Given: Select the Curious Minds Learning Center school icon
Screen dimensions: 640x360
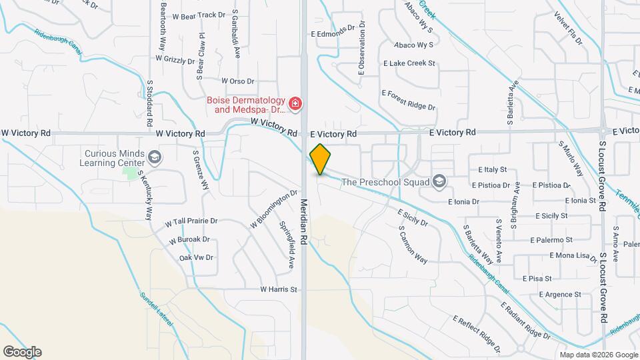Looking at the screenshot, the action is click(155, 157).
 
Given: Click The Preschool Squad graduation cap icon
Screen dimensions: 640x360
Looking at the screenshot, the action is click(439, 181).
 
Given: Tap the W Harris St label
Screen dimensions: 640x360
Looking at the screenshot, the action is click(278, 289).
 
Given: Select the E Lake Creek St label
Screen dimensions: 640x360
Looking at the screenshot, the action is click(409, 63).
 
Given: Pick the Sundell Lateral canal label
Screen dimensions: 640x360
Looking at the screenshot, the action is click(156, 309).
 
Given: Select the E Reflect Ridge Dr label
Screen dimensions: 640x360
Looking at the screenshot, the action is click(476, 333).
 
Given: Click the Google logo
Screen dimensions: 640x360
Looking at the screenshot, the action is click(22, 351).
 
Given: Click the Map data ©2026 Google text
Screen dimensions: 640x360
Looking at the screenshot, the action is click(599, 355).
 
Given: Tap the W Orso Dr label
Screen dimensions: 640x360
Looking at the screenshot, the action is click(237, 81).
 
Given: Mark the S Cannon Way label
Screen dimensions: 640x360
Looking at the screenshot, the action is click(413, 245).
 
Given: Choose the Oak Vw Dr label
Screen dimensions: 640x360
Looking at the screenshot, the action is click(196, 257).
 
